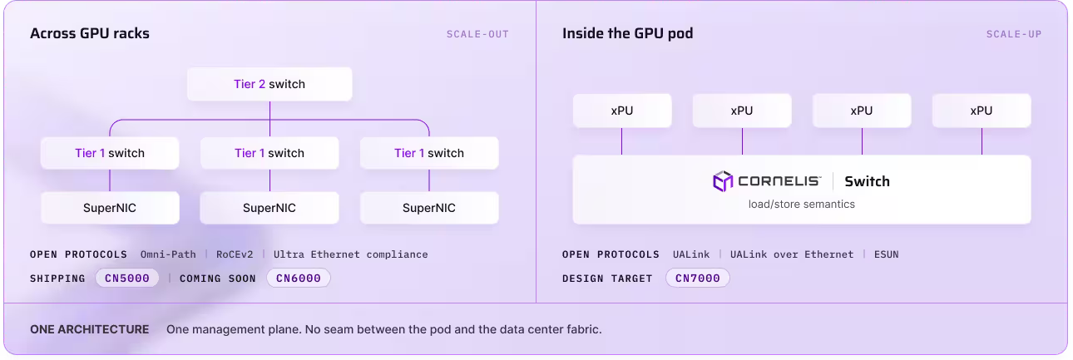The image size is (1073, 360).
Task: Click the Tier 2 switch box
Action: [269, 84]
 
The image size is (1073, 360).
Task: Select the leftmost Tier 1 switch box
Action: [110, 153]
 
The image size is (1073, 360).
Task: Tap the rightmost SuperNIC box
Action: [429, 208]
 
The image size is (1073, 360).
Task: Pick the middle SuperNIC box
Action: [269, 208]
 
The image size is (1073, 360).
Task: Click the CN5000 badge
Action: [127, 279]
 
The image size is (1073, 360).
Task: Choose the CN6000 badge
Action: [299, 279]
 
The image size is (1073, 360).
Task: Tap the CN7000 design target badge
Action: [697, 279]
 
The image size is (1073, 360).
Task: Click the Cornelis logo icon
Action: [723, 181]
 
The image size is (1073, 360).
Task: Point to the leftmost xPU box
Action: [622, 111]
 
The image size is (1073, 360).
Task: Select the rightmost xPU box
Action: [982, 111]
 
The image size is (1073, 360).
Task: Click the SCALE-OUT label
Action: [477, 34]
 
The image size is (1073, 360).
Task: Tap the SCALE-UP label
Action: [1014, 34]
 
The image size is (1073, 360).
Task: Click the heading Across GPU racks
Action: [90, 33]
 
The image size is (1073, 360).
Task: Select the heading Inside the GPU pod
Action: [627, 33]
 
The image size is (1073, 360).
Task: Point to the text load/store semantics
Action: [801, 205]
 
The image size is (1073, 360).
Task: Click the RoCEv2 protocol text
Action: [235, 254]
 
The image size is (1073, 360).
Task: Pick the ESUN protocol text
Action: [886, 254]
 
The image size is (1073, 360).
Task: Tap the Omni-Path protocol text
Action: [168, 254]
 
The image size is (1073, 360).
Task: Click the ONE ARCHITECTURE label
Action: [90, 329]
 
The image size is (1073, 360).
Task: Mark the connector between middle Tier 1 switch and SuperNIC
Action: [269, 180]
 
